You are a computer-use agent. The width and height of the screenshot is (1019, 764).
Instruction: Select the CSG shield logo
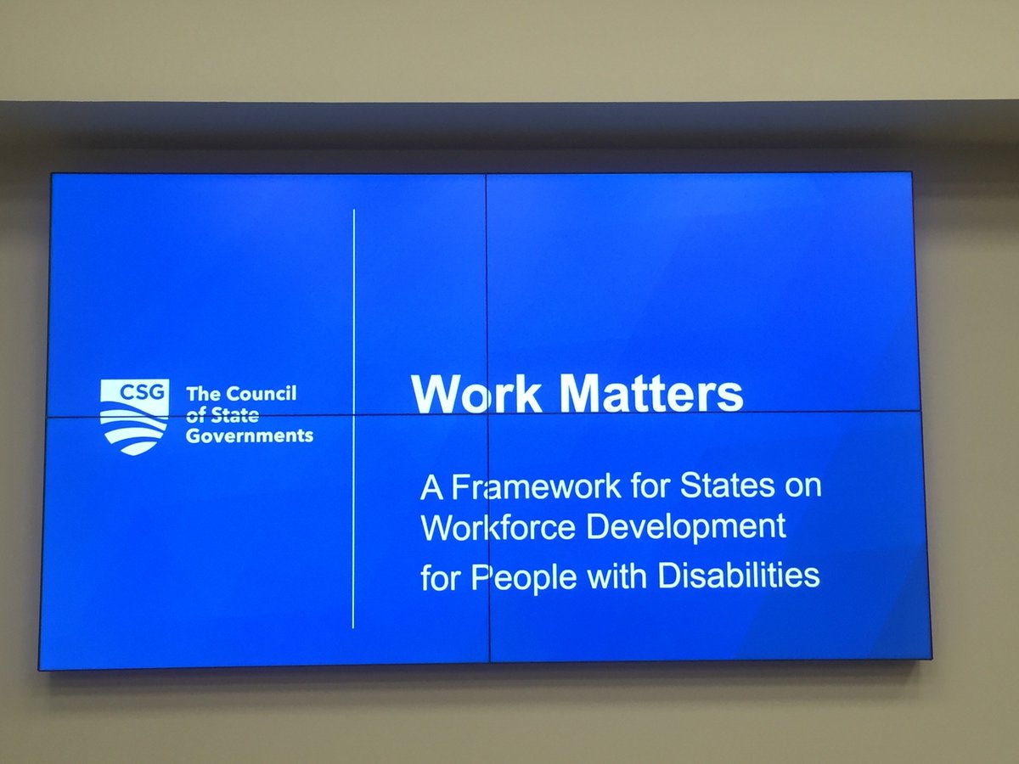click(x=134, y=417)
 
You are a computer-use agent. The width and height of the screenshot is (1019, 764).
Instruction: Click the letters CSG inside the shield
click(x=134, y=392)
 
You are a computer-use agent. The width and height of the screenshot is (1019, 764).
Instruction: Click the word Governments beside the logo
click(x=250, y=436)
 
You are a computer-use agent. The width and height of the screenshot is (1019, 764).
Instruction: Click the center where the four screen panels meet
click(x=487, y=414)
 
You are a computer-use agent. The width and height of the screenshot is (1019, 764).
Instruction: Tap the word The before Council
click(x=202, y=395)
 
